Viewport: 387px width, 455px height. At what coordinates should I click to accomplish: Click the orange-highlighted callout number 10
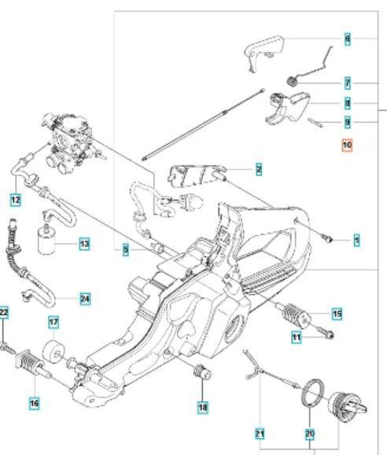pyautogui.click(x=347, y=145)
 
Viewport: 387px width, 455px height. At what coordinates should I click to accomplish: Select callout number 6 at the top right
pyautogui.click(x=347, y=38)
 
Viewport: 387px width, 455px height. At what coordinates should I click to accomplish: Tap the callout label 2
pyautogui.click(x=258, y=168)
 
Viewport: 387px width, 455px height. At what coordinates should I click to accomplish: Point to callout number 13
pyautogui.click(x=83, y=244)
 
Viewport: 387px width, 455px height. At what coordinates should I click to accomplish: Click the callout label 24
pyautogui.click(x=85, y=298)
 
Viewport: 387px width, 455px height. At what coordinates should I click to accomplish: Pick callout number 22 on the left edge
pyautogui.click(x=4, y=313)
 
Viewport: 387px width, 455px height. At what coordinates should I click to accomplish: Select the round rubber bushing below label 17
pyautogui.click(x=54, y=349)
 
